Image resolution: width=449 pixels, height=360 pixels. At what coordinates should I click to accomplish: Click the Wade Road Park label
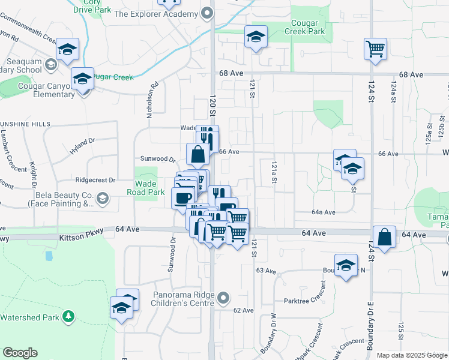(146, 188)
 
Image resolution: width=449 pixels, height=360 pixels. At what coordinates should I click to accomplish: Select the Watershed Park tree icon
(69, 316)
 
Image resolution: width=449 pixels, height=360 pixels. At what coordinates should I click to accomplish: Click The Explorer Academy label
(155, 13)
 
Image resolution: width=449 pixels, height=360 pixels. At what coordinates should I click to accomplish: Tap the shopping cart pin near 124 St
(375, 49)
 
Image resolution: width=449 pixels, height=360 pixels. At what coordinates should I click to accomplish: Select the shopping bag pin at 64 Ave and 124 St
(384, 237)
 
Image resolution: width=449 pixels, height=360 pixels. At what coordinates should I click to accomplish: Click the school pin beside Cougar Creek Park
(256, 37)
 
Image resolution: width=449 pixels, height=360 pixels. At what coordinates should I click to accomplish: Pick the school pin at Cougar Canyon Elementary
(83, 78)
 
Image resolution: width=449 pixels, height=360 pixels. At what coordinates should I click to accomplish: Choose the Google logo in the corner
(20, 353)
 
